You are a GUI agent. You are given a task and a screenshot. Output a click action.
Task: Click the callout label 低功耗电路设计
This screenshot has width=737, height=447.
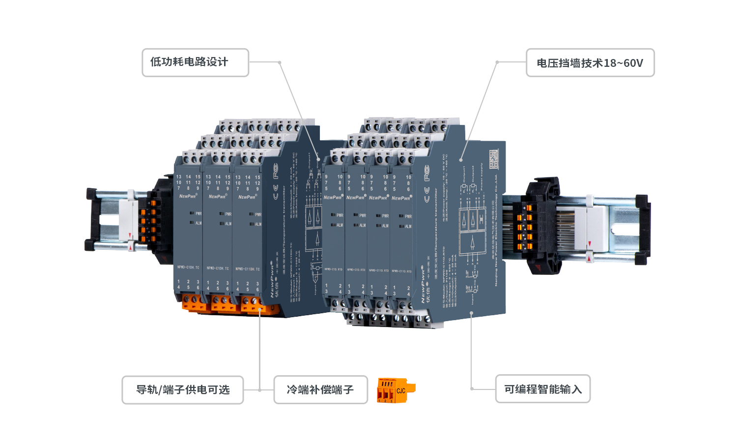(195, 62)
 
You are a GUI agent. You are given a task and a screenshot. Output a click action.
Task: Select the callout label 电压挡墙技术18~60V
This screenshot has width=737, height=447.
(590, 63)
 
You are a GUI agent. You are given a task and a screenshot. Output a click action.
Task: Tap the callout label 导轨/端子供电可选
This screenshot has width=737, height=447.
(182, 390)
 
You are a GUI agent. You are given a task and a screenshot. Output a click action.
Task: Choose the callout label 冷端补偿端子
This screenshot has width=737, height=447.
(320, 390)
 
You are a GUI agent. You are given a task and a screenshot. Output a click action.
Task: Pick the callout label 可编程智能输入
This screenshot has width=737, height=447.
(542, 389)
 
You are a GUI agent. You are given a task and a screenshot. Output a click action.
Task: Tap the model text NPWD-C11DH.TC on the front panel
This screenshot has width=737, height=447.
(247, 269)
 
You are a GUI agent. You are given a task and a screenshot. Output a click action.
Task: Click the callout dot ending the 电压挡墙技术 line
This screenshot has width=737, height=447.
(461, 160)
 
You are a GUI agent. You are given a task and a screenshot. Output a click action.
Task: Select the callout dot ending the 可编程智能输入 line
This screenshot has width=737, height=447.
(471, 313)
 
